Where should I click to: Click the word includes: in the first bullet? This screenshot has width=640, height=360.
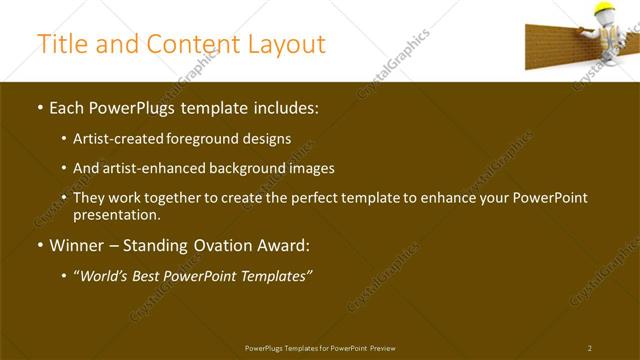click(x=284, y=106)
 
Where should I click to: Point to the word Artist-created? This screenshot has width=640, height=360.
click(x=116, y=139)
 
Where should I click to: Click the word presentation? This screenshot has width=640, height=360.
click(x=116, y=214)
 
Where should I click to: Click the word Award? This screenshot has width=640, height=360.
click(x=286, y=245)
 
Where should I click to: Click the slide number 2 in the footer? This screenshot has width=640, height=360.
click(x=589, y=347)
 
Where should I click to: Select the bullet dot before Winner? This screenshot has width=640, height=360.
click(x=39, y=246)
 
